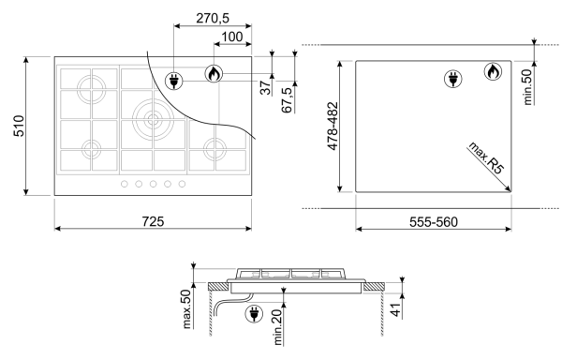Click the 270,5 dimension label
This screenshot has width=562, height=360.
[213, 18]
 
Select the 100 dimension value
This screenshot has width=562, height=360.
[232, 37]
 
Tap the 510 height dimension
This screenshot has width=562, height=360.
[19, 126]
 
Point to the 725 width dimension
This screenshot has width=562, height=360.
[153, 221]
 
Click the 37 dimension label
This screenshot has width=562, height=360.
[266, 88]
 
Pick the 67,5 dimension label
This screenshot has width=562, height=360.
[288, 100]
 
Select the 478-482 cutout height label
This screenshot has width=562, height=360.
[333, 127]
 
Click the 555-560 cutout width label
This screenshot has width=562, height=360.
[434, 222]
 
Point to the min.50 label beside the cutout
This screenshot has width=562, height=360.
[527, 87]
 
